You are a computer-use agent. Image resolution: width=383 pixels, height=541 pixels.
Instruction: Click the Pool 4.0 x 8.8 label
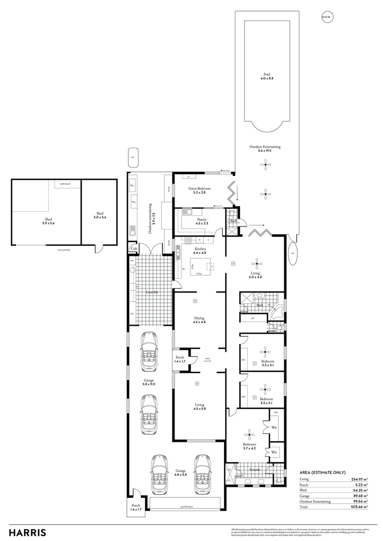click(x=266, y=76)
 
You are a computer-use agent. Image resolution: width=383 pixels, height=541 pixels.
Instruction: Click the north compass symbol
click(x=328, y=17)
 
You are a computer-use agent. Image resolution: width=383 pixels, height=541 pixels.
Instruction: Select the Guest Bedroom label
click(x=200, y=190)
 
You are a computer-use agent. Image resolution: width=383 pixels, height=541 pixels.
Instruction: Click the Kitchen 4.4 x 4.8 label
click(x=200, y=251)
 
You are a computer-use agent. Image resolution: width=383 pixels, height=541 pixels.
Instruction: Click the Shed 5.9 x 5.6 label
click(x=49, y=221)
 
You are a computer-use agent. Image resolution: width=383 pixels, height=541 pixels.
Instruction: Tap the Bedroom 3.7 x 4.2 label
click(x=250, y=446)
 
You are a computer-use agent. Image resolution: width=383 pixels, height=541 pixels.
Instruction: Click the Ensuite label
click(x=255, y=470)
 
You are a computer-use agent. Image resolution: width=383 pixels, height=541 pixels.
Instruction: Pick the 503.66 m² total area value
click(x=359, y=507)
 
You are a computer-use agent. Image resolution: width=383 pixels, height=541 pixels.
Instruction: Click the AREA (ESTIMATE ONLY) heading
click(x=322, y=472)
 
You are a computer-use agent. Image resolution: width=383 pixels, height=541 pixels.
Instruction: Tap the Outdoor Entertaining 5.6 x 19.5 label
click(x=265, y=149)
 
